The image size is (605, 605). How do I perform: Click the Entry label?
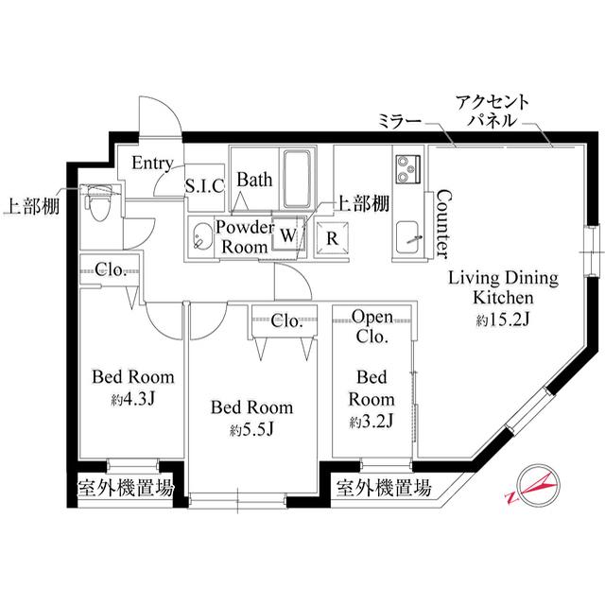coord(151,163)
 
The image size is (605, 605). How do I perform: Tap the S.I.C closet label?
coord(203,185)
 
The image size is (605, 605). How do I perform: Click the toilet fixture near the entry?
coord(98,200)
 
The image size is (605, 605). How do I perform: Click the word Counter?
coord(441,223)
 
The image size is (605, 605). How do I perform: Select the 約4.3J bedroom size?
coord(132,398)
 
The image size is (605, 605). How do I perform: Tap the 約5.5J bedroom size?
coord(251,429)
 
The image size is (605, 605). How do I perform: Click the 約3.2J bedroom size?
coord(372,420)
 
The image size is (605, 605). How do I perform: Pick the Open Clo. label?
coord(372,325)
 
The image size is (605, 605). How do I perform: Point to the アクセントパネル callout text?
coord(491,112)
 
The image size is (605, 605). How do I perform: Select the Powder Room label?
coord(245,236)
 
